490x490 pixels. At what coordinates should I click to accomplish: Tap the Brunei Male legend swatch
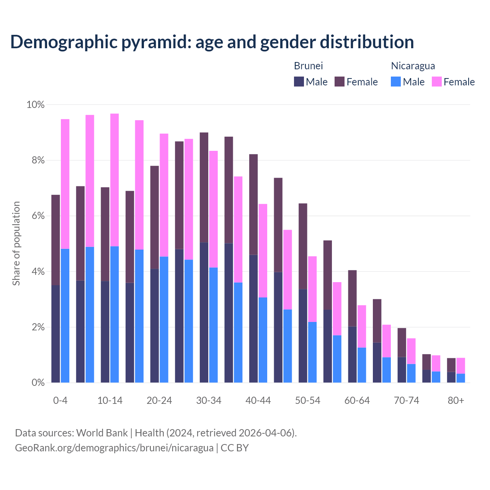tap(299, 82)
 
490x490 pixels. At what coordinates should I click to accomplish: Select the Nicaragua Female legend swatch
tap(436, 82)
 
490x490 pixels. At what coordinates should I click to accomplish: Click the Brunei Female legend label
tap(362, 82)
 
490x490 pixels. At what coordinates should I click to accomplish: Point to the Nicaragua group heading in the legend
tap(413, 66)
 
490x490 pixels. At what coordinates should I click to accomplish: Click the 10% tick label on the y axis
tap(36, 105)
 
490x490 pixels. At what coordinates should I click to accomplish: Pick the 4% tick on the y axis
tap(38, 272)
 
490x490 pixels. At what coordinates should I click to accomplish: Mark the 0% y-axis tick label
tap(38, 383)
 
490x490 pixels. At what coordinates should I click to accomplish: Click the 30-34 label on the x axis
tap(209, 401)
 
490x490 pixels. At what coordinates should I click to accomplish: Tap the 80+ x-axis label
tap(456, 401)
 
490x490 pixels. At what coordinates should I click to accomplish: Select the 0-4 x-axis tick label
tap(60, 401)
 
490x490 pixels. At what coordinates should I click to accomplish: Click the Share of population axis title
tap(16, 243)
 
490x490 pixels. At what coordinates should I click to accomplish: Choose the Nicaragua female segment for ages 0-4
tap(65, 184)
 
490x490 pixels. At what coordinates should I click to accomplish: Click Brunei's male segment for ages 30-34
tap(204, 312)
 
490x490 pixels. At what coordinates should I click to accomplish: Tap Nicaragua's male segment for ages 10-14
tap(114, 314)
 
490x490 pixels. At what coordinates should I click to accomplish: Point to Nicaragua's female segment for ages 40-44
tap(263, 250)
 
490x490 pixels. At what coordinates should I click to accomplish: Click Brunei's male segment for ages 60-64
tap(352, 354)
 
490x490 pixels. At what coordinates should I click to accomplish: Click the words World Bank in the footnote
tap(102, 433)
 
